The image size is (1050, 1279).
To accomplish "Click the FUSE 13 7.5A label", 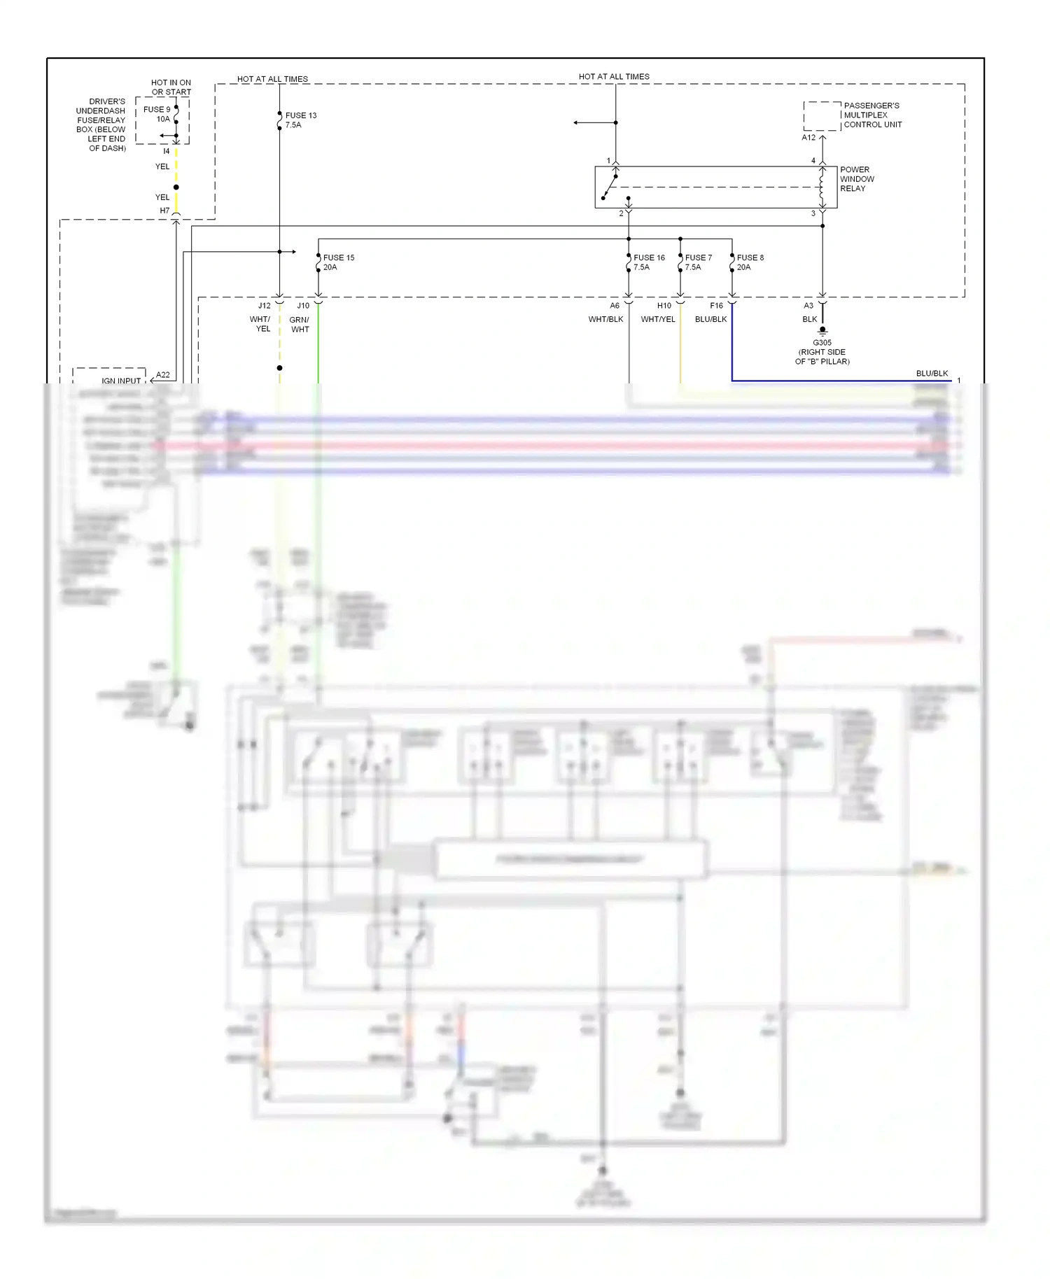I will click(x=300, y=120).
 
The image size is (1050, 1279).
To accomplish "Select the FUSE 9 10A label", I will click(x=157, y=114).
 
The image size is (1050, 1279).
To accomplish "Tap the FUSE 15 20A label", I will click(x=338, y=262).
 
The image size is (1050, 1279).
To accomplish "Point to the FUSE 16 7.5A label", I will click(x=648, y=262).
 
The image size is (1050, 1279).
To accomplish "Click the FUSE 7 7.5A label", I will click(x=698, y=262).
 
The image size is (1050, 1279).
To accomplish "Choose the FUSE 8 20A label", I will click(x=750, y=262).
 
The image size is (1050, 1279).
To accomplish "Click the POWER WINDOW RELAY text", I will click(x=857, y=179).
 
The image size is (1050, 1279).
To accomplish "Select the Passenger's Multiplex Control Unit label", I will click(x=872, y=115).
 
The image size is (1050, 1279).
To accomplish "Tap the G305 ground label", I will click(x=822, y=352).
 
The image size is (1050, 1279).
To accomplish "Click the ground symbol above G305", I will click(x=822, y=331).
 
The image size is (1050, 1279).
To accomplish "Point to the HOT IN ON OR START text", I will click(x=171, y=87).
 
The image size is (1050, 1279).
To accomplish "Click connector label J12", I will click(x=264, y=306).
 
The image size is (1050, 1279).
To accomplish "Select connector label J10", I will click(x=303, y=306).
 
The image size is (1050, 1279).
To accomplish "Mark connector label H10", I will click(x=664, y=306).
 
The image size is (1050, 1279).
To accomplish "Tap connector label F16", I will click(x=716, y=306).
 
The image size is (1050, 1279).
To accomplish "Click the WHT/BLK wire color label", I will click(x=605, y=319).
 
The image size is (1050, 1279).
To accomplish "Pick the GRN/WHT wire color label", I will click(x=300, y=325).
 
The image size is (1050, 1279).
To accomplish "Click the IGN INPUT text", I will click(x=121, y=381).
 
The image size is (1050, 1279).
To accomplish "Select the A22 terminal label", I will click(x=162, y=375).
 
